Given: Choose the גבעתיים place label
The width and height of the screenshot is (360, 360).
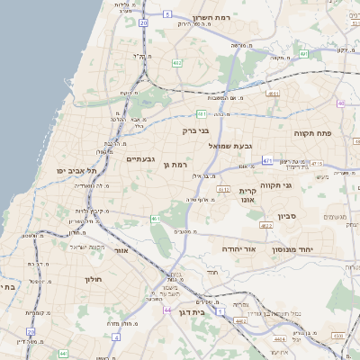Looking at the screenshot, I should [142, 159].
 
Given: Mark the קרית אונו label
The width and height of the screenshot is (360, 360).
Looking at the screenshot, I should [249, 195].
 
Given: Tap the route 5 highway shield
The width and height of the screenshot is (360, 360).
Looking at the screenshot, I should [168, 14].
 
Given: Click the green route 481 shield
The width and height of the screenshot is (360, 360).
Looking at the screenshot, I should [202, 113].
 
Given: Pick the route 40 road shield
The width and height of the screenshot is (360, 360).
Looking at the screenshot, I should [341, 103].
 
